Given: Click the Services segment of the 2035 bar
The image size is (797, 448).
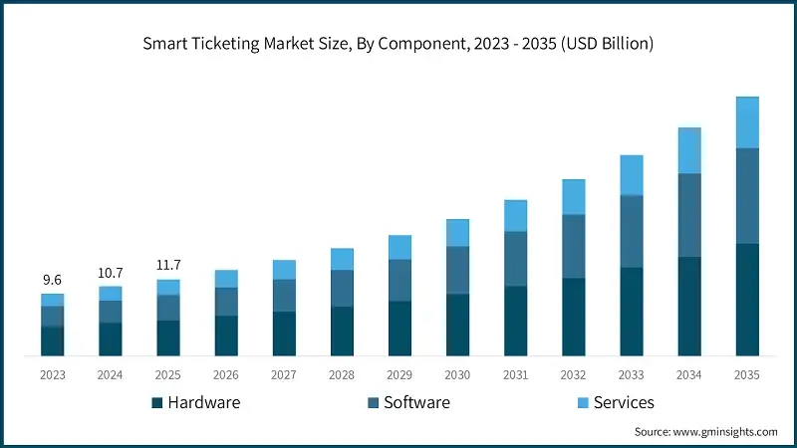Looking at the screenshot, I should click(x=747, y=122).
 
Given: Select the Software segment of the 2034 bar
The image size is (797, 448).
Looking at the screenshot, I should click(x=689, y=215).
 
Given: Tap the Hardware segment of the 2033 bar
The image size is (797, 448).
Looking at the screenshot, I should click(x=632, y=311).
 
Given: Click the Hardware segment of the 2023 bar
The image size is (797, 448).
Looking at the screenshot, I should click(x=53, y=340).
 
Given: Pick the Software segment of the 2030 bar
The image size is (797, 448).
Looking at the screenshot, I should click(x=457, y=270).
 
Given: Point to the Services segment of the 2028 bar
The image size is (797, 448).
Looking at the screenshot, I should click(x=342, y=259).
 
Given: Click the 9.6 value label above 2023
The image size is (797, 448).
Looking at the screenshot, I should click(x=53, y=281).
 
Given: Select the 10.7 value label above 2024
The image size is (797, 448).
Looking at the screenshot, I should click(x=110, y=273).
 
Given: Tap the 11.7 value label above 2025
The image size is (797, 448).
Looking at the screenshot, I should click(x=168, y=266).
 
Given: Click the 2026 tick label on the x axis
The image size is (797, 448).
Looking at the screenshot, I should click(x=226, y=374).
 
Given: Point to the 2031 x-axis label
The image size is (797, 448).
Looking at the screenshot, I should click(x=515, y=374).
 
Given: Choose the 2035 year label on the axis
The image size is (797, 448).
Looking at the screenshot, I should click(x=747, y=374).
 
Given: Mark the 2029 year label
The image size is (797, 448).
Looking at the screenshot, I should click(x=399, y=374).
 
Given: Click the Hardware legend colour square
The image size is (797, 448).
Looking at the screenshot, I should click(x=157, y=403).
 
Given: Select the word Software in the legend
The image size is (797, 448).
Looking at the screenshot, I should click(x=416, y=403).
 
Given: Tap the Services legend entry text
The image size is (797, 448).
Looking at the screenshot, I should click(x=624, y=403).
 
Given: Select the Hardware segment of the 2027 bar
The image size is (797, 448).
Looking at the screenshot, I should click(x=284, y=334).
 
